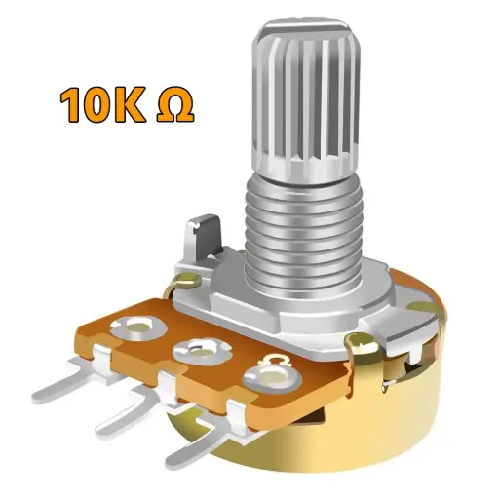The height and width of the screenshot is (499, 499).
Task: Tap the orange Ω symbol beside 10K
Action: click(174, 106)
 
